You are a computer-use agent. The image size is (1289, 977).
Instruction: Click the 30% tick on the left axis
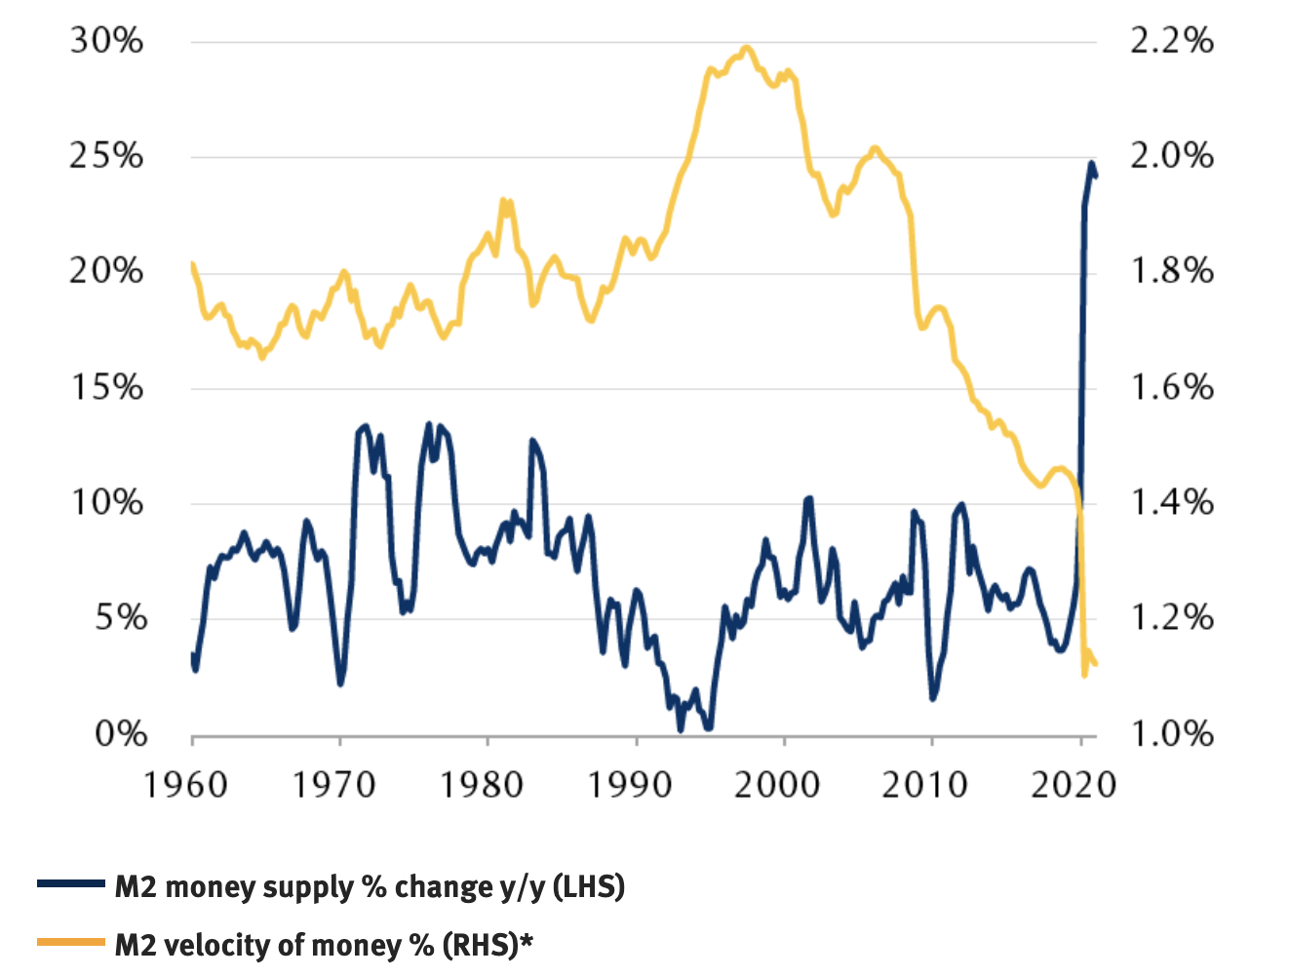coord(105,41)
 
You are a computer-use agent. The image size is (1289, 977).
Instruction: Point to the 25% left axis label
coord(105,156)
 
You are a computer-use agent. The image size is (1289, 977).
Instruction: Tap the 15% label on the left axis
coord(107,388)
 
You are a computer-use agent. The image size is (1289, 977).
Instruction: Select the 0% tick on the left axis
coord(120,734)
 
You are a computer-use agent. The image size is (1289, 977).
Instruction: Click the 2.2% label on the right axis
coord(1171,41)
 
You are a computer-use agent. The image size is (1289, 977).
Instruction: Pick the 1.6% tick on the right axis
coord(1171,388)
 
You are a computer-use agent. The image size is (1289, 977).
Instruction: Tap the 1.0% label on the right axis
coord(1171,734)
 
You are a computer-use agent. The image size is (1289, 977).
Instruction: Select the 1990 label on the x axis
coord(630,784)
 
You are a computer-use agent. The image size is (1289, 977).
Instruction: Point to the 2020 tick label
coord(1073,784)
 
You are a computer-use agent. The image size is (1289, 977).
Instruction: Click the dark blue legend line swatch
coord(70,884)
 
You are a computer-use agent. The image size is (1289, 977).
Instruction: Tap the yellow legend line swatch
coord(70,942)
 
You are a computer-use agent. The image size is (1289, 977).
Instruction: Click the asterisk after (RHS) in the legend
coord(527,940)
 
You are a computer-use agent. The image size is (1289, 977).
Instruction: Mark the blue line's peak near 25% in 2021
coord(1091,163)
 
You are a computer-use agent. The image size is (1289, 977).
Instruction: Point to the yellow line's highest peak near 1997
coord(746,47)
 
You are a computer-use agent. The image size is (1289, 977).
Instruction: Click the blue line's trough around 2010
coord(933,698)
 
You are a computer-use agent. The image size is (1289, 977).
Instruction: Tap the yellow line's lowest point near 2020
coord(1084,675)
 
